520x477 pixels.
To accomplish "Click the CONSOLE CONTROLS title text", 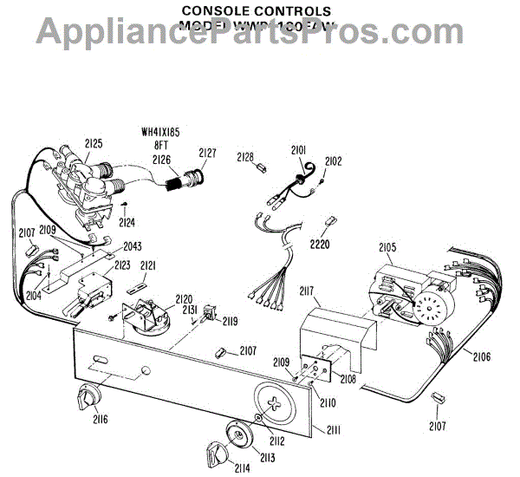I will pos(257,10).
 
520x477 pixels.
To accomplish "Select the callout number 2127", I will pos(207,153).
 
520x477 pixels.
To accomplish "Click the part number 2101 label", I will pos(299,150).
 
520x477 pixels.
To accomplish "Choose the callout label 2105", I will pos(387,248).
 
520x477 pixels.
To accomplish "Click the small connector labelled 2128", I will pos(259,169).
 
